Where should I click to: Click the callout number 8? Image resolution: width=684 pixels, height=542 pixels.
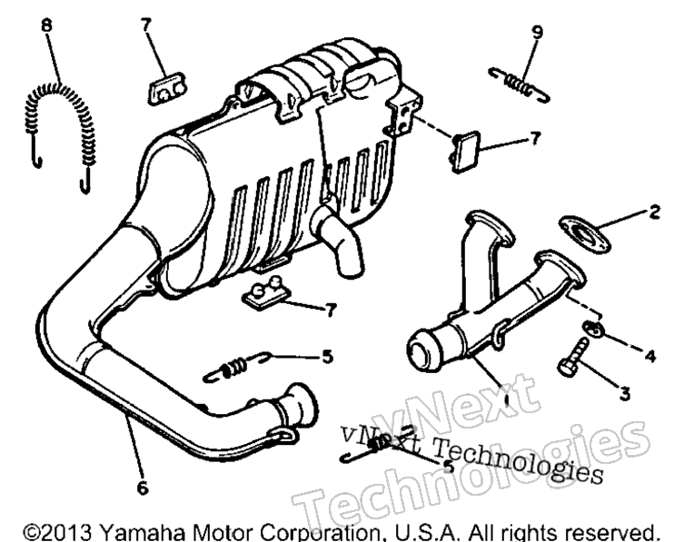tap(46, 25)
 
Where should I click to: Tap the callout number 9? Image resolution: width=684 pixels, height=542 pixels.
tap(538, 32)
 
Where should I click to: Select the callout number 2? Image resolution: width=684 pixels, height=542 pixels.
tap(654, 212)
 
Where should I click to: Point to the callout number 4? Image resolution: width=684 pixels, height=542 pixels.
tap(650, 356)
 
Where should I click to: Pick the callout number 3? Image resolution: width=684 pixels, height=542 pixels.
tap(625, 394)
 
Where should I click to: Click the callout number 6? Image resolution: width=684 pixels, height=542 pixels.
tap(143, 488)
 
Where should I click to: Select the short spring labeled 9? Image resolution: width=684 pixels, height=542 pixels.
tap(519, 84)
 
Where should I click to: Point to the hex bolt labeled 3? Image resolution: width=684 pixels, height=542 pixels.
tap(571, 358)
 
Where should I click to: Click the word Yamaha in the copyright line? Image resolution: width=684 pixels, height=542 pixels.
tap(143, 532)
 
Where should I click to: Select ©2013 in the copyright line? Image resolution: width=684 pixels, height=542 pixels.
tap(58, 532)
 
